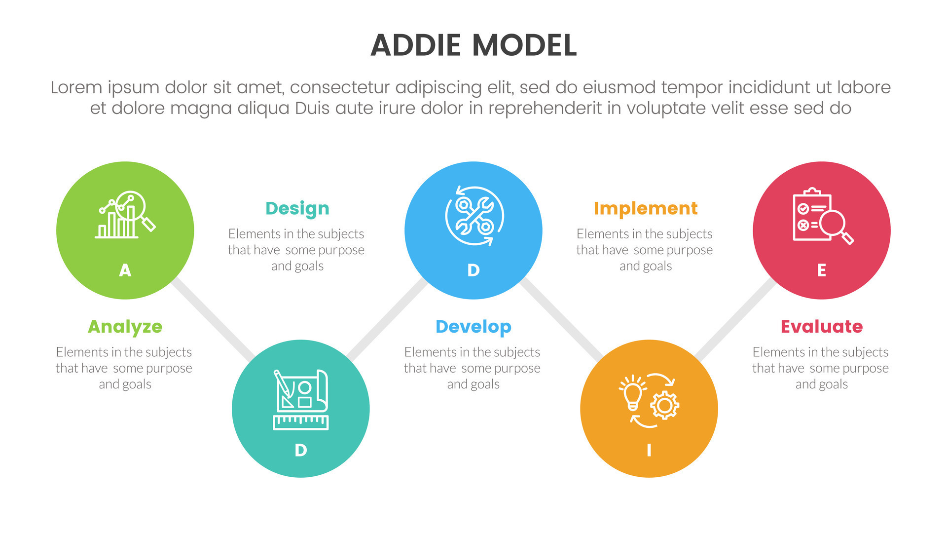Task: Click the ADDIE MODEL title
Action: tap(473, 45)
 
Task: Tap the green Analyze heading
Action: tap(125, 327)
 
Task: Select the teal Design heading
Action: tap(297, 208)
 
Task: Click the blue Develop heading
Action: tap(473, 327)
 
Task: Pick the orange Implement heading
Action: tap(645, 208)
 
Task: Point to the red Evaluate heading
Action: tap(821, 327)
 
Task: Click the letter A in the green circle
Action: tap(125, 270)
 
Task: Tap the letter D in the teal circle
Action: tap(300, 450)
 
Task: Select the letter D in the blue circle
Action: tap(473, 270)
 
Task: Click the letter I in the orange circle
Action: tap(649, 450)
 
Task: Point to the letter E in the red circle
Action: tap(821, 270)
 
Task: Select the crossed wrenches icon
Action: tap(473, 216)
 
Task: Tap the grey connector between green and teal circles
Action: tap(213, 319)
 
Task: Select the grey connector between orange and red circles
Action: tap(735, 319)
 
